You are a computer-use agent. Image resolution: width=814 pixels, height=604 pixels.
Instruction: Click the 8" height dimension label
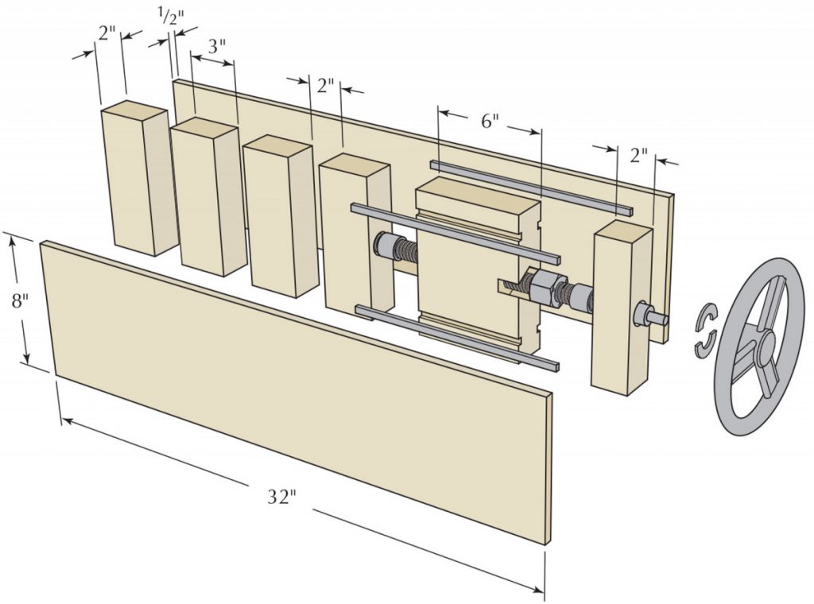(x=14, y=301)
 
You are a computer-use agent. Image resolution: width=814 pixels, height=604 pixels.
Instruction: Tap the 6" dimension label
(x=490, y=122)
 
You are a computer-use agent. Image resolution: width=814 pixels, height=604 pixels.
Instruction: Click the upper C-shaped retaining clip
(x=704, y=317)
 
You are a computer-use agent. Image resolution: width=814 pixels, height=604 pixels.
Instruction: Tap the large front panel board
(x=294, y=389)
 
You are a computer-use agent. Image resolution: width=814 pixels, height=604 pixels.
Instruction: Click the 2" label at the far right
(x=639, y=155)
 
